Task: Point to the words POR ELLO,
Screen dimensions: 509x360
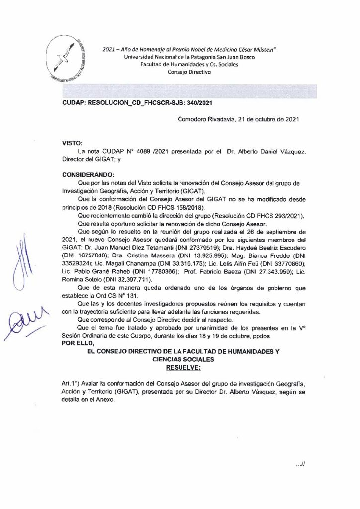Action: pyautogui.click(x=78, y=342)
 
